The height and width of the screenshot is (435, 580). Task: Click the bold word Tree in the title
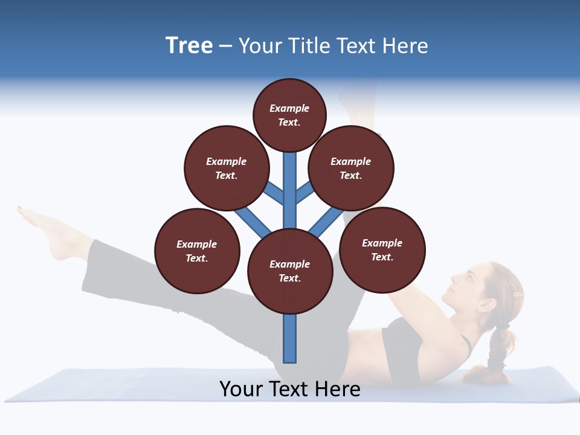coord(189,45)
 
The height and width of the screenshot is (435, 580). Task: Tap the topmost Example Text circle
coord(289,115)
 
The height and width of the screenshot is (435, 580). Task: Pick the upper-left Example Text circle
coord(226,168)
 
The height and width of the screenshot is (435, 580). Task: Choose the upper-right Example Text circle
coord(351,168)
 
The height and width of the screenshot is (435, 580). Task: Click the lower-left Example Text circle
coord(197,251)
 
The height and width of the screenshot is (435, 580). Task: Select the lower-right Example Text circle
coord(382,250)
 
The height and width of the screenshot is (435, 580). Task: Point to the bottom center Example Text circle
coord(290,271)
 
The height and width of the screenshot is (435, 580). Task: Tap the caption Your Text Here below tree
coord(289,388)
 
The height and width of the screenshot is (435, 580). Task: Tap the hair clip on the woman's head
coord(517,294)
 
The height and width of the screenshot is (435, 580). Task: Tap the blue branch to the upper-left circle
coord(274,193)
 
